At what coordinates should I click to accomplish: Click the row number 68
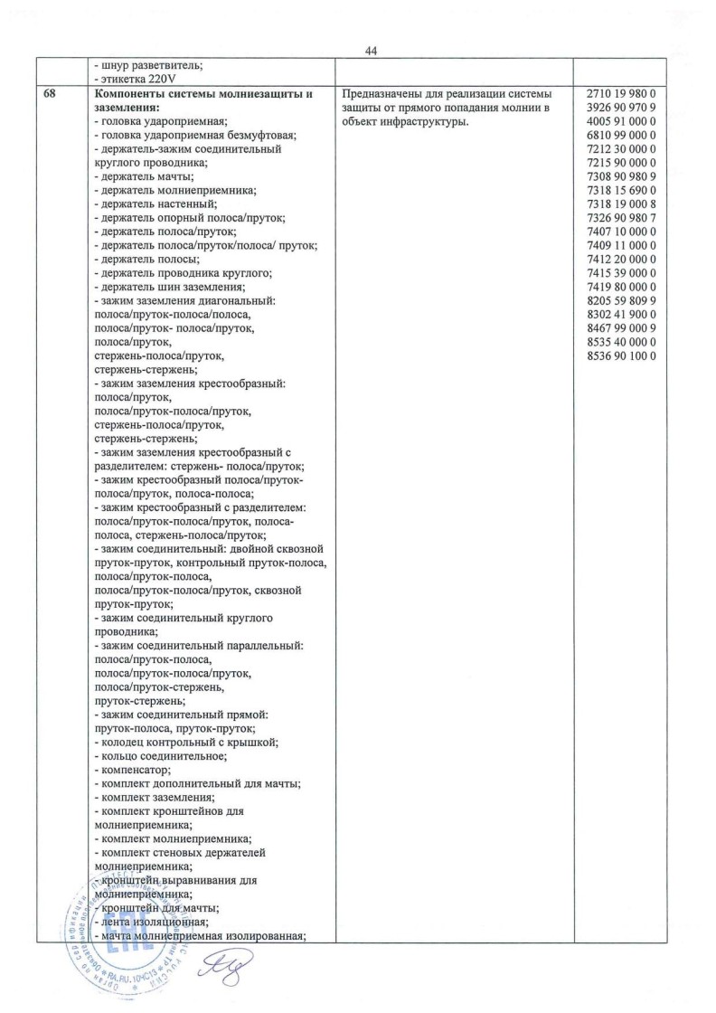tap(50, 94)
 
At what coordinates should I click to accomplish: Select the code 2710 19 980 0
tap(626, 94)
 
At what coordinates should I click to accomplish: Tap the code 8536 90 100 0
tap(626, 356)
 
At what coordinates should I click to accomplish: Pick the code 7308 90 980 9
tap(626, 176)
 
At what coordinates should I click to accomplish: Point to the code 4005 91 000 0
tap(626, 121)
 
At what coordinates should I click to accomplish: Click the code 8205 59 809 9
tap(626, 300)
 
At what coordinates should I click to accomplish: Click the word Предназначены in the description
tap(383, 94)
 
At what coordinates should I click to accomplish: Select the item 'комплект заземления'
tap(146, 798)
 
